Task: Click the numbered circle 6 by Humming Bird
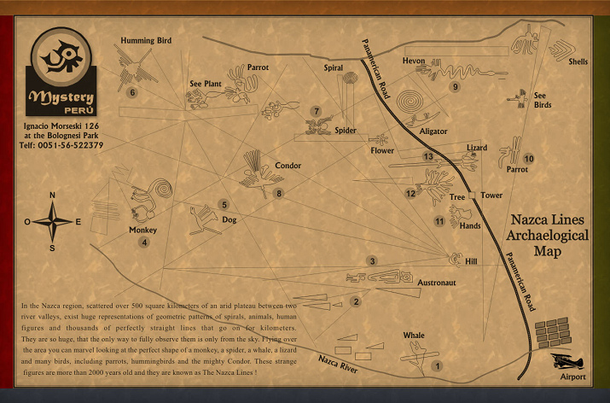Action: coord(132,92)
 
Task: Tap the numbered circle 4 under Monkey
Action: coord(144,242)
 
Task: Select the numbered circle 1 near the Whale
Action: coord(438,366)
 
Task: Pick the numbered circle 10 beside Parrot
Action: coord(529,159)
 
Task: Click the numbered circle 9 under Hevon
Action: coord(456,86)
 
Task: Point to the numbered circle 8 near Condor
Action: coord(278,194)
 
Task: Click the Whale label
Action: coord(414,336)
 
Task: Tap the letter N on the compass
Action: coord(53,195)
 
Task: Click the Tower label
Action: coord(491,196)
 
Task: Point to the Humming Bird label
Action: coord(146,40)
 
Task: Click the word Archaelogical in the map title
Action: coord(548,235)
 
